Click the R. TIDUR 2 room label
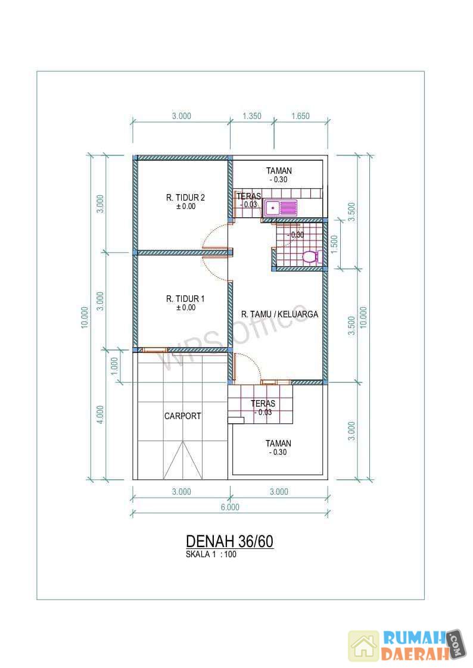[x=185, y=198]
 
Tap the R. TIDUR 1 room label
[x=185, y=299]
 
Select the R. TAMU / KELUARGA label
[x=279, y=314]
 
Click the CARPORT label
[x=183, y=416]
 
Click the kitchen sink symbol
[x=281, y=208]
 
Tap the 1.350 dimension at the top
[x=252, y=116]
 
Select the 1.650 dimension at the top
[x=300, y=116]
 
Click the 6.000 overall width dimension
[x=230, y=507]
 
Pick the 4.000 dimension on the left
[x=100, y=414]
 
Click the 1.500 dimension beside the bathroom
[x=335, y=244]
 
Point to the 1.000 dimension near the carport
[x=114, y=366]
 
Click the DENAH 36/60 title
[x=230, y=541]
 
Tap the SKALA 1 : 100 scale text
[x=211, y=554]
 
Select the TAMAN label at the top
[x=279, y=171]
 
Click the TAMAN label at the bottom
[x=278, y=444]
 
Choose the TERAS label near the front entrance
[x=263, y=403]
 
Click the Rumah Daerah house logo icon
[x=363, y=646]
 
